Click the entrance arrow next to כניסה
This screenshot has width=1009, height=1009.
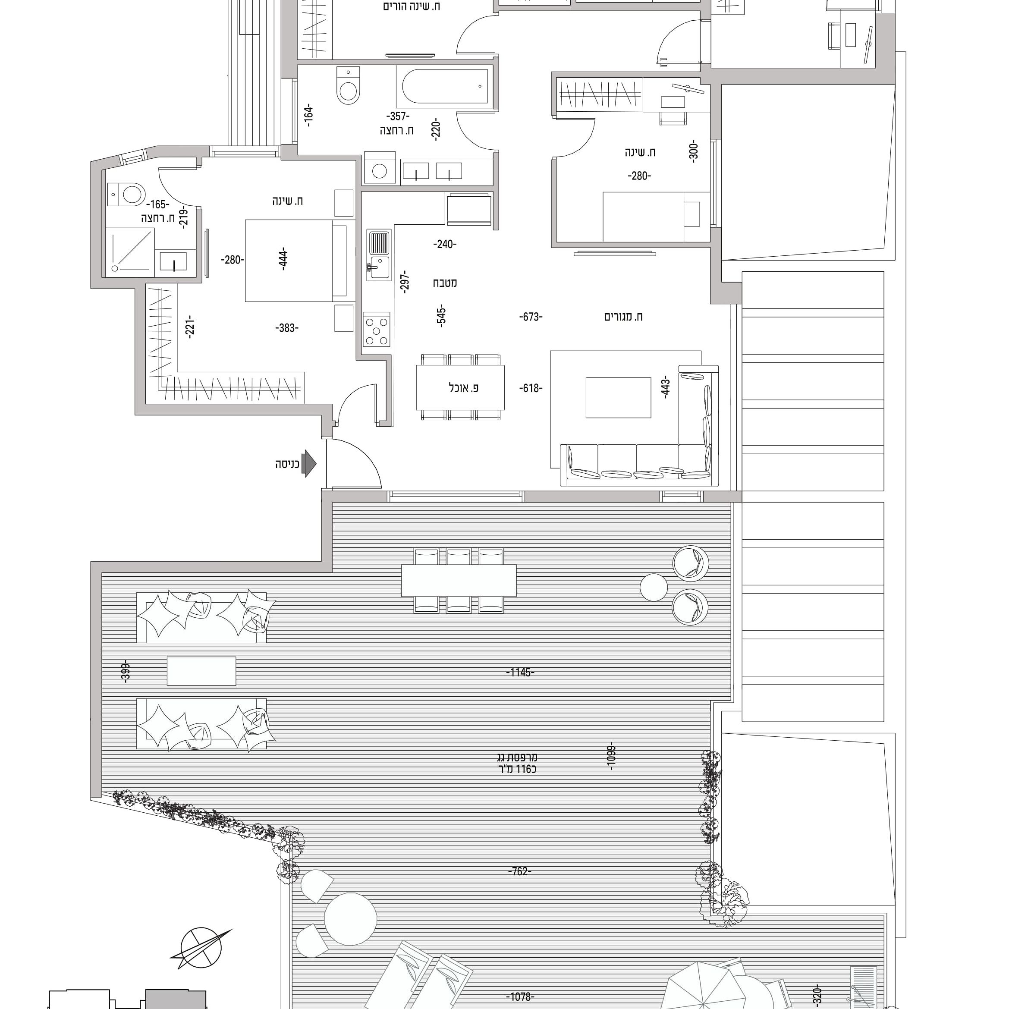click(x=310, y=464)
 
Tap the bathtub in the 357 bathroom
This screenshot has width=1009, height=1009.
click(x=444, y=86)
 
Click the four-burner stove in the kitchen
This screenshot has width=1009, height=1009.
click(x=377, y=330)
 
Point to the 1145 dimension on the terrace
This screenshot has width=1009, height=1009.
click(x=520, y=672)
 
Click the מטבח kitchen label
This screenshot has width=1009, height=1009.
click(x=444, y=283)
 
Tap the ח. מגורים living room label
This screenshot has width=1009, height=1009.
click(x=624, y=317)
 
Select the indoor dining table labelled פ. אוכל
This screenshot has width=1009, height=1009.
click(x=460, y=387)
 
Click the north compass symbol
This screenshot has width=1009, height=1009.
click(x=201, y=949)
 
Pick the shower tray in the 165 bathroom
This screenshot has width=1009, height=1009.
click(x=131, y=252)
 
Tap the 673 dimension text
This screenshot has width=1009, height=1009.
click(x=531, y=317)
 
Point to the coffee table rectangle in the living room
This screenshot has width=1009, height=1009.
click(x=618, y=397)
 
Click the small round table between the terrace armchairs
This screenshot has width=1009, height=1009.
click(x=654, y=587)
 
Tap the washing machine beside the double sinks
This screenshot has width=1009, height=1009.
click(x=380, y=168)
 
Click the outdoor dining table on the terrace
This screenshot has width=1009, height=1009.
click(x=459, y=580)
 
